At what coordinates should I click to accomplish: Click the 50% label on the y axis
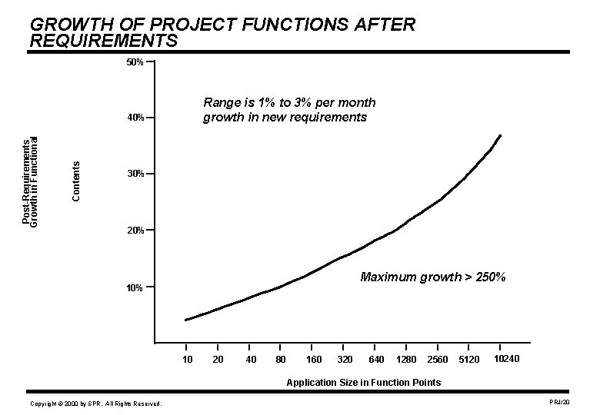point(134,61)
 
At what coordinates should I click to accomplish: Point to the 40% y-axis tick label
point(134,118)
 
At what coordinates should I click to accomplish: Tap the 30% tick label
point(134,174)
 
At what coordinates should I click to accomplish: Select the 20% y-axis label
point(134,231)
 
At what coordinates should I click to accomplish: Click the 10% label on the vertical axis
point(134,288)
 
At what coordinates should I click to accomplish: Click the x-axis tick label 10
point(187,360)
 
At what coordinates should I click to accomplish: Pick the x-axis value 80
point(281,360)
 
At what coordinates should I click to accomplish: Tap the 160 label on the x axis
point(314,360)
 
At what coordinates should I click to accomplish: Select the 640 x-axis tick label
point(377,360)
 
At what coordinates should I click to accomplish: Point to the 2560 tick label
point(437,360)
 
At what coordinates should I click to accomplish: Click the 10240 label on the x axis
point(506,359)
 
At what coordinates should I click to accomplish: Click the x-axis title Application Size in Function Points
point(363,382)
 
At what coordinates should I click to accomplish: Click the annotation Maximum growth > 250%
point(432,277)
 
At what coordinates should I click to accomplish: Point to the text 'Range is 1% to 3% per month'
point(289,102)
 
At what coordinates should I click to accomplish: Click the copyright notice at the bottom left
point(95,403)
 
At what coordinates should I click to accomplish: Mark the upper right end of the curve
point(500,135)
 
